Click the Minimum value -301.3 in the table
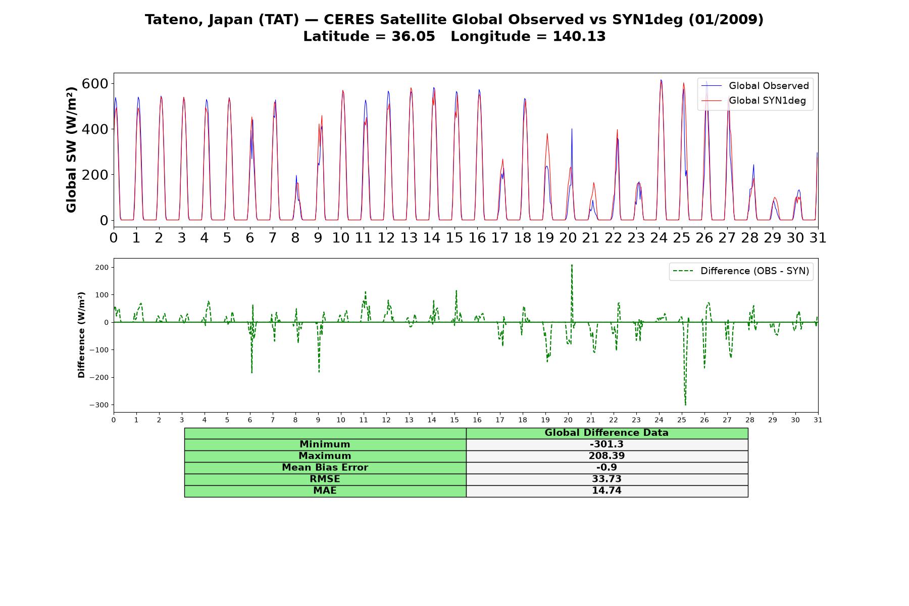[x=607, y=444]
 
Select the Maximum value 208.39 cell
[x=607, y=456]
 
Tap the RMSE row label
[x=325, y=479]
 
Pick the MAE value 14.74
[x=607, y=491]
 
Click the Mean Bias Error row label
[x=325, y=468]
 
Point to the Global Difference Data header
[x=607, y=433]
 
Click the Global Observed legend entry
[x=755, y=86]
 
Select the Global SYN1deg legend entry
[x=755, y=100]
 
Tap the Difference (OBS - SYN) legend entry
[x=741, y=271]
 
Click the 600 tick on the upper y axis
[x=95, y=83]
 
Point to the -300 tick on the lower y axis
[x=99, y=405]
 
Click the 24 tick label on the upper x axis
[x=659, y=238]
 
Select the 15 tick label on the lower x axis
[x=454, y=420]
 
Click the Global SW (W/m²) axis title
[x=71, y=150]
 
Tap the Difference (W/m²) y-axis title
[x=81, y=335]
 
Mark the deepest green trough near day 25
[x=685, y=405]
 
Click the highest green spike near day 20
[x=572, y=265]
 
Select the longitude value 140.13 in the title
[x=579, y=36]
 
